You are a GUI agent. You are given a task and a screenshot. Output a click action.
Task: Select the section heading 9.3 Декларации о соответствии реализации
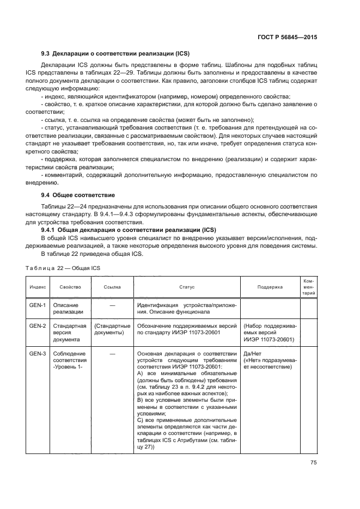(115, 54)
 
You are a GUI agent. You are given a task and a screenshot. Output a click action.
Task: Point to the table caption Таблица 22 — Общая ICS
(63, 268)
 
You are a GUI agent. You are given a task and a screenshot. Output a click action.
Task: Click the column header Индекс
(38, 286)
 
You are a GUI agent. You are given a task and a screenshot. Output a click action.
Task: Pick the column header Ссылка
(112, 286)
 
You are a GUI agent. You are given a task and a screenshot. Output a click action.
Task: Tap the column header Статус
(187, 286)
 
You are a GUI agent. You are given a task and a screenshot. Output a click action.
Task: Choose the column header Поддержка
(270, 286)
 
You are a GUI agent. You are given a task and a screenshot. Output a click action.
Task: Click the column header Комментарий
(308, 286)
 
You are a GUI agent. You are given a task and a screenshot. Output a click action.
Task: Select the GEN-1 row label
(38, 305)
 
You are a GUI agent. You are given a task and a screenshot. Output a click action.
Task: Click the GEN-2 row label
(38, 326)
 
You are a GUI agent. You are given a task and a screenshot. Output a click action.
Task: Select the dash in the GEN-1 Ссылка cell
(112, 305)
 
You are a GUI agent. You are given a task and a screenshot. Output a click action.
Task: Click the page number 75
(313, 462)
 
